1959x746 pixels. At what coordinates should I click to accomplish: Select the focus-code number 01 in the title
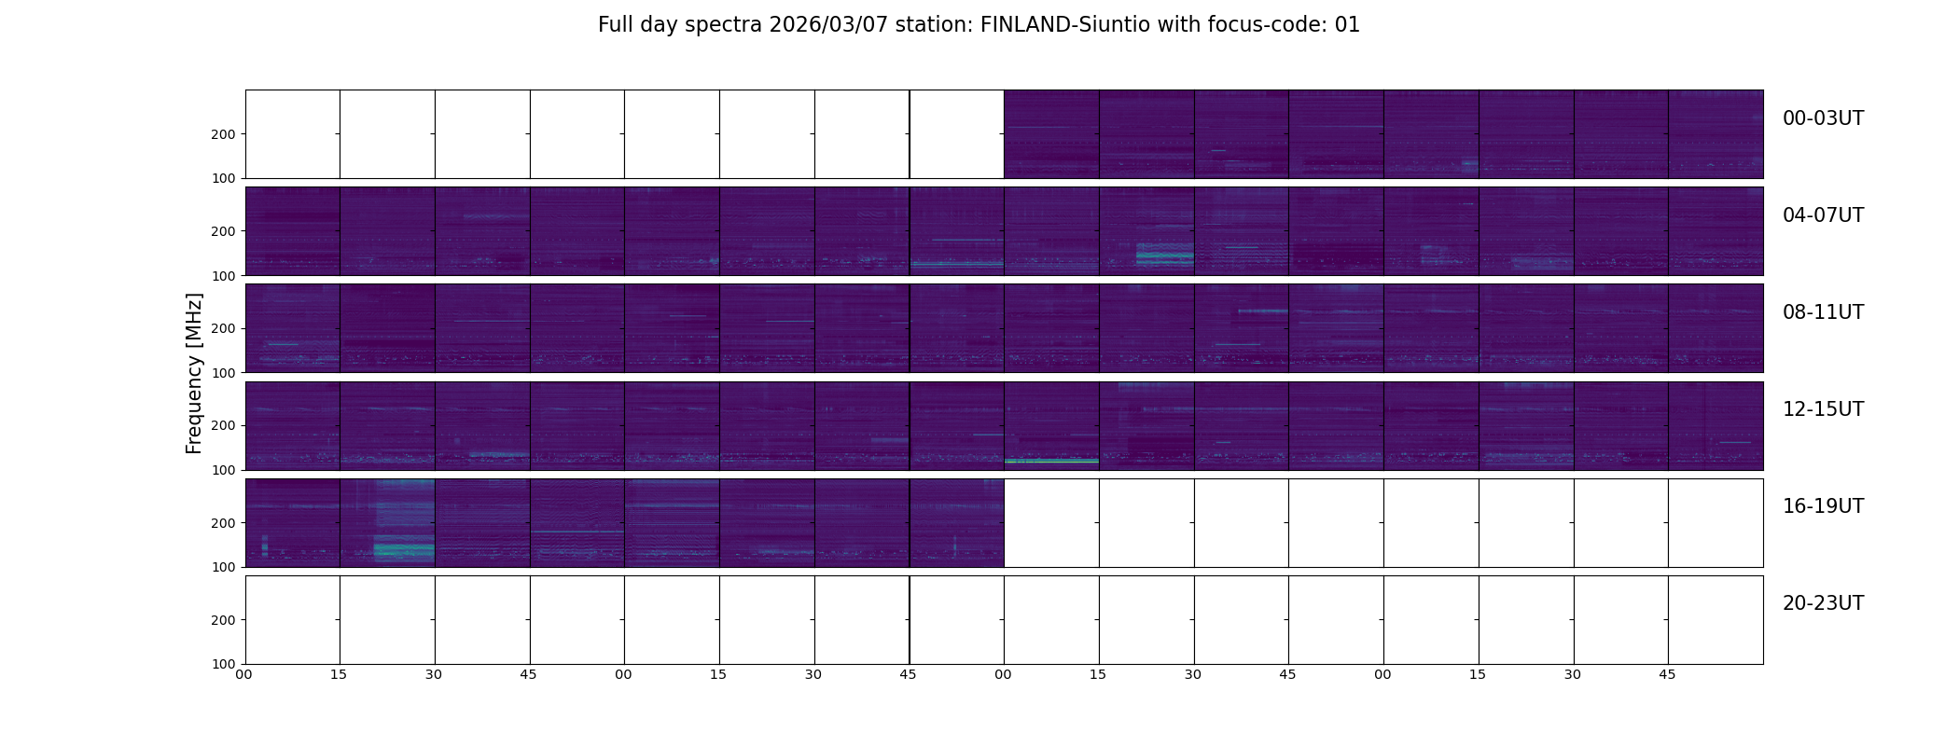point(1347,25)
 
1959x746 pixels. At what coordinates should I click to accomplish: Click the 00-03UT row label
point(1823,118)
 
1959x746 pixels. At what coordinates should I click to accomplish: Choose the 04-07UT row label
point(1823,215)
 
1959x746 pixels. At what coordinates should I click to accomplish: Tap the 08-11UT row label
point(1823,312)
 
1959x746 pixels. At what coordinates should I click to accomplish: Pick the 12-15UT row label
point(1823,409)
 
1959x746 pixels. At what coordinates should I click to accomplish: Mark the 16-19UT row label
point(1823,506)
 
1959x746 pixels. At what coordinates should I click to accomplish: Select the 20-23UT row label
point(1823,603)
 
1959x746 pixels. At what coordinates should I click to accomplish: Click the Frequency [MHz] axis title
point(194,373)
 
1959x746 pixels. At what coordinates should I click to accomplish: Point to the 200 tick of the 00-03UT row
point(224,134)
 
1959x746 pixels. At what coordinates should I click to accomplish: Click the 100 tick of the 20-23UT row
point(224,664)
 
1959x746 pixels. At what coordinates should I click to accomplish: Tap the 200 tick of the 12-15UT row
point(224,425)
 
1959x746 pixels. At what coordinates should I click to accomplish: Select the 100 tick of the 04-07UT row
point(224,275)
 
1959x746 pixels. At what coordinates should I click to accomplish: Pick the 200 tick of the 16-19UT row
point(224,523)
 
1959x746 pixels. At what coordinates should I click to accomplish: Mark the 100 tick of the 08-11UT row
point(224,372)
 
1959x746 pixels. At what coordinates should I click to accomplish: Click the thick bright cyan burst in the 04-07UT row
point(1164,255)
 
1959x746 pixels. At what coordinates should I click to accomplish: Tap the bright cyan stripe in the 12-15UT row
point(1051,461)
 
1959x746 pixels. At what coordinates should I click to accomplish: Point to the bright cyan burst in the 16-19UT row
point(403,550)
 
